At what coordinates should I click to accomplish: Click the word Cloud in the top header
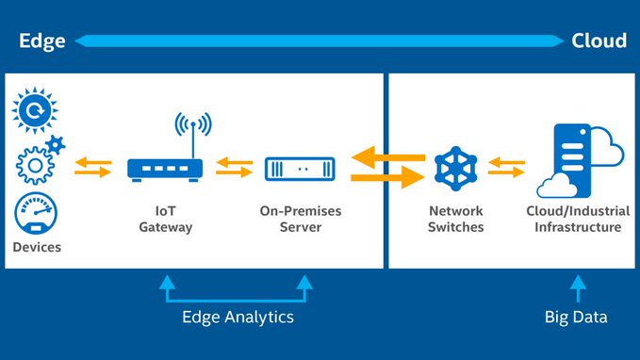tap(599, 41)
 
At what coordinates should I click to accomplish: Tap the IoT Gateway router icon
tap(165, 169)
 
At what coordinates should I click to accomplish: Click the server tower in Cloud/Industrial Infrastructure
tap(568, 160)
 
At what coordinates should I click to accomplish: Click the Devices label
tap(38, 247)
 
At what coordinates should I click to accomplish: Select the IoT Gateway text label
tap(165, 219)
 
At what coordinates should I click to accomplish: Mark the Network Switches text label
tap(457, 219)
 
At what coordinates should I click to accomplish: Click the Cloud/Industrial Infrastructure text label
tap(573, 219)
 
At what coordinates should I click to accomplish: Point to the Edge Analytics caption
tap(238, 317)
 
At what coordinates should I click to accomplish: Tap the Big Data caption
tap(576, 317)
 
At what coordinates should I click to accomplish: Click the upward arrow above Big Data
tap(577, 285)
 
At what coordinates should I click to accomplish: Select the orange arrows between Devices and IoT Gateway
tap(92, 168)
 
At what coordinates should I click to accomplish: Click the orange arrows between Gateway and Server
tap(233, 168)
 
